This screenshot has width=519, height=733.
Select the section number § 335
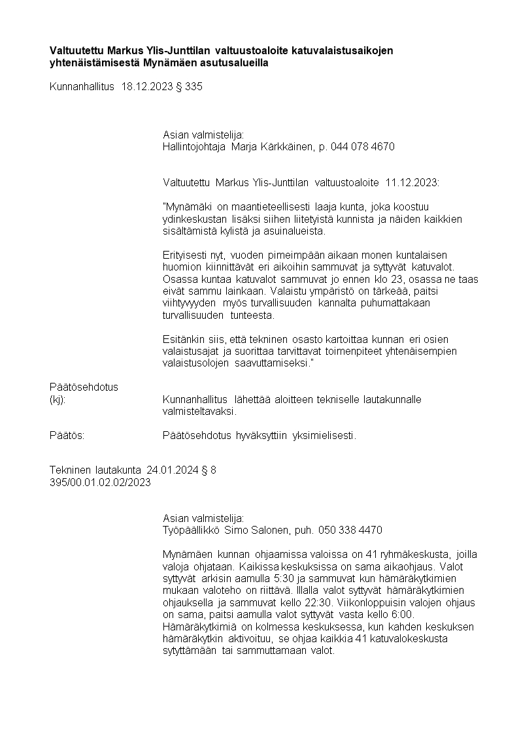point(190,86)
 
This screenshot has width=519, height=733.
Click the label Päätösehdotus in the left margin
point(84,387)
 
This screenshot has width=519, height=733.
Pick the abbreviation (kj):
point(58,399)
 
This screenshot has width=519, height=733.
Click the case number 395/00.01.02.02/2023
point(100,482)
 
